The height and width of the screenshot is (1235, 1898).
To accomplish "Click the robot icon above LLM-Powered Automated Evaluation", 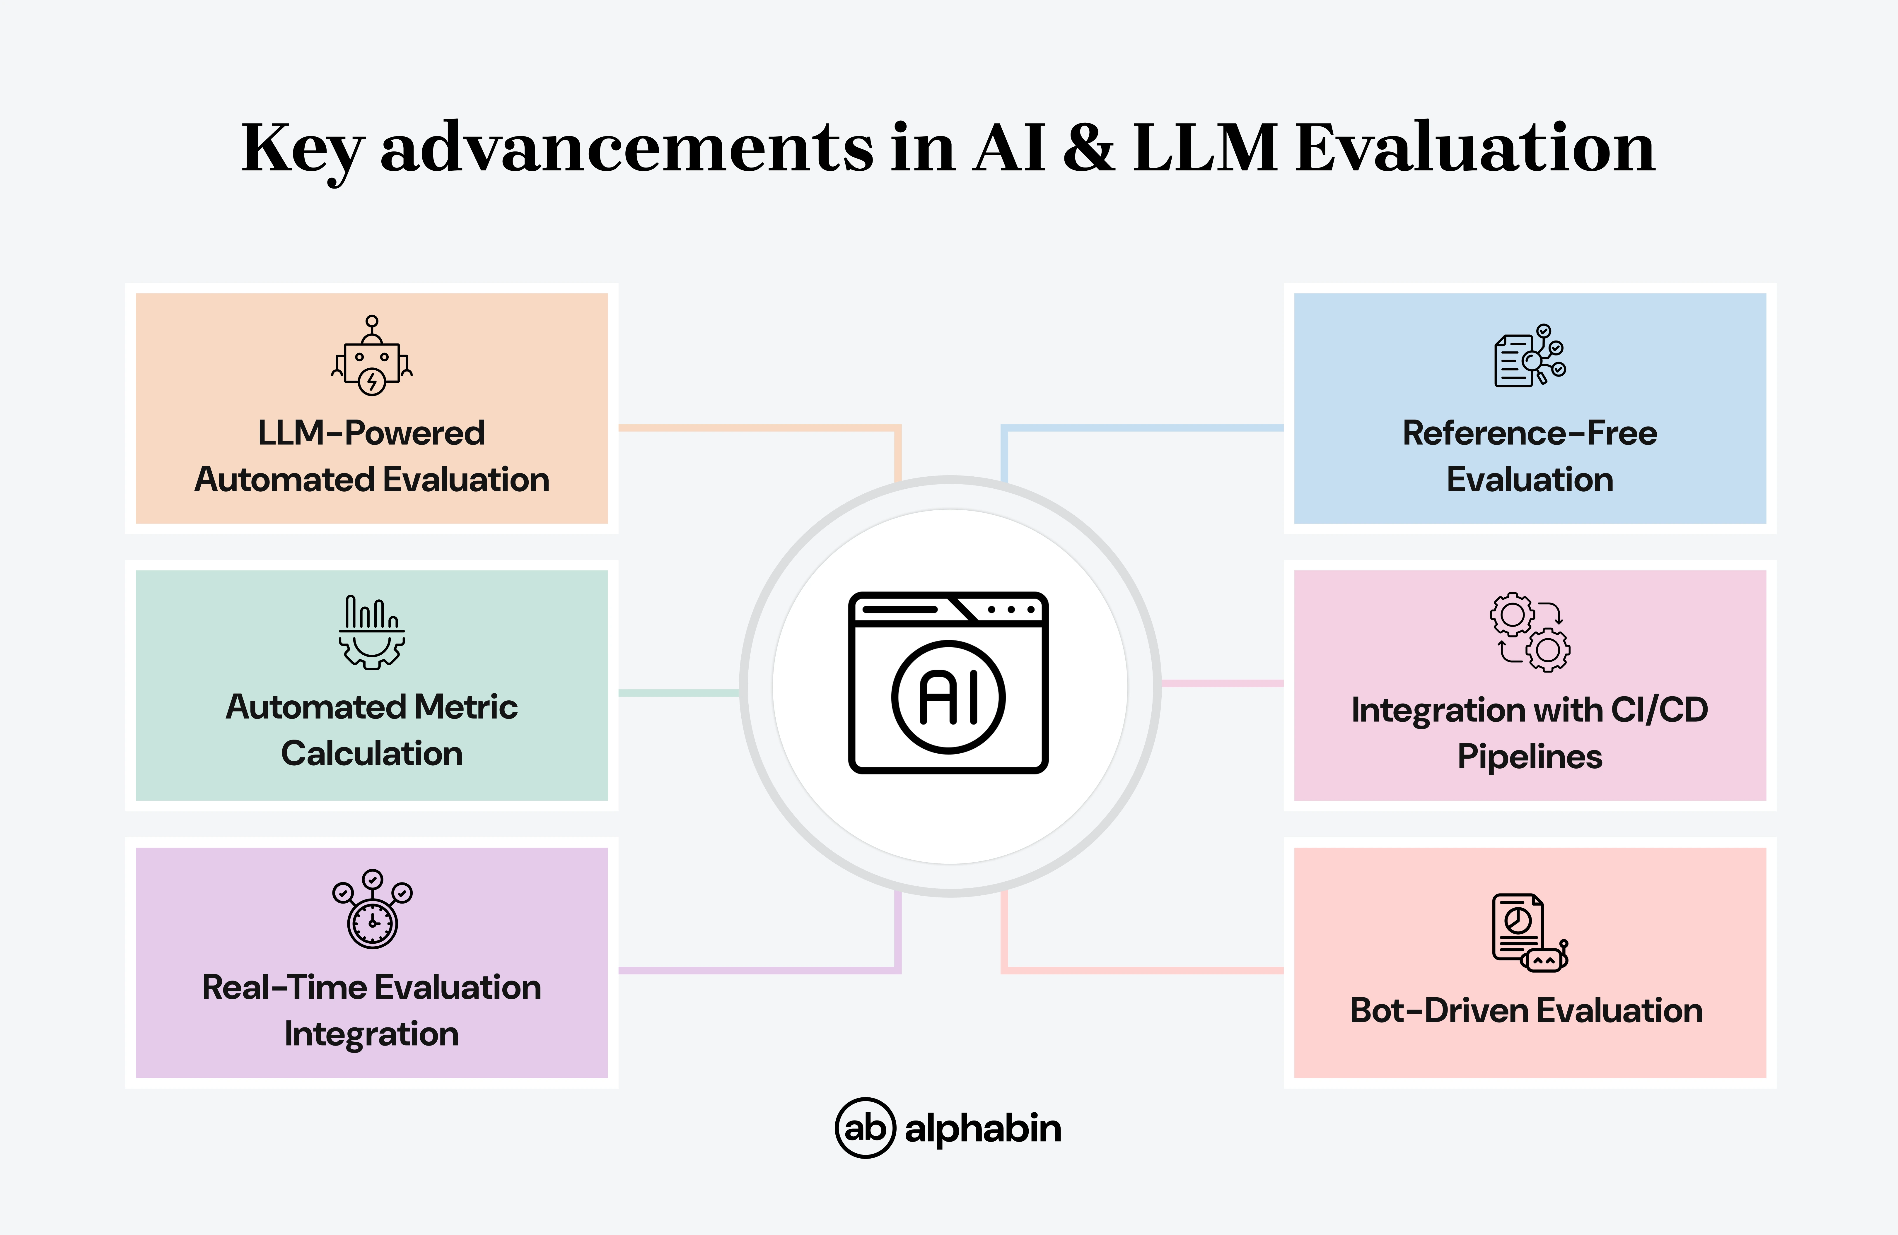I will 372,356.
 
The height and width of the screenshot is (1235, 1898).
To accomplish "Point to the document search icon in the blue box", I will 1529,356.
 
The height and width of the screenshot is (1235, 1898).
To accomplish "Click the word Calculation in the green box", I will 372,753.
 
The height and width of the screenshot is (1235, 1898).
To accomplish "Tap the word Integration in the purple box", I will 372,1034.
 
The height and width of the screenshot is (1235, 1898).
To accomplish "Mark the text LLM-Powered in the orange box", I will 372,433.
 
